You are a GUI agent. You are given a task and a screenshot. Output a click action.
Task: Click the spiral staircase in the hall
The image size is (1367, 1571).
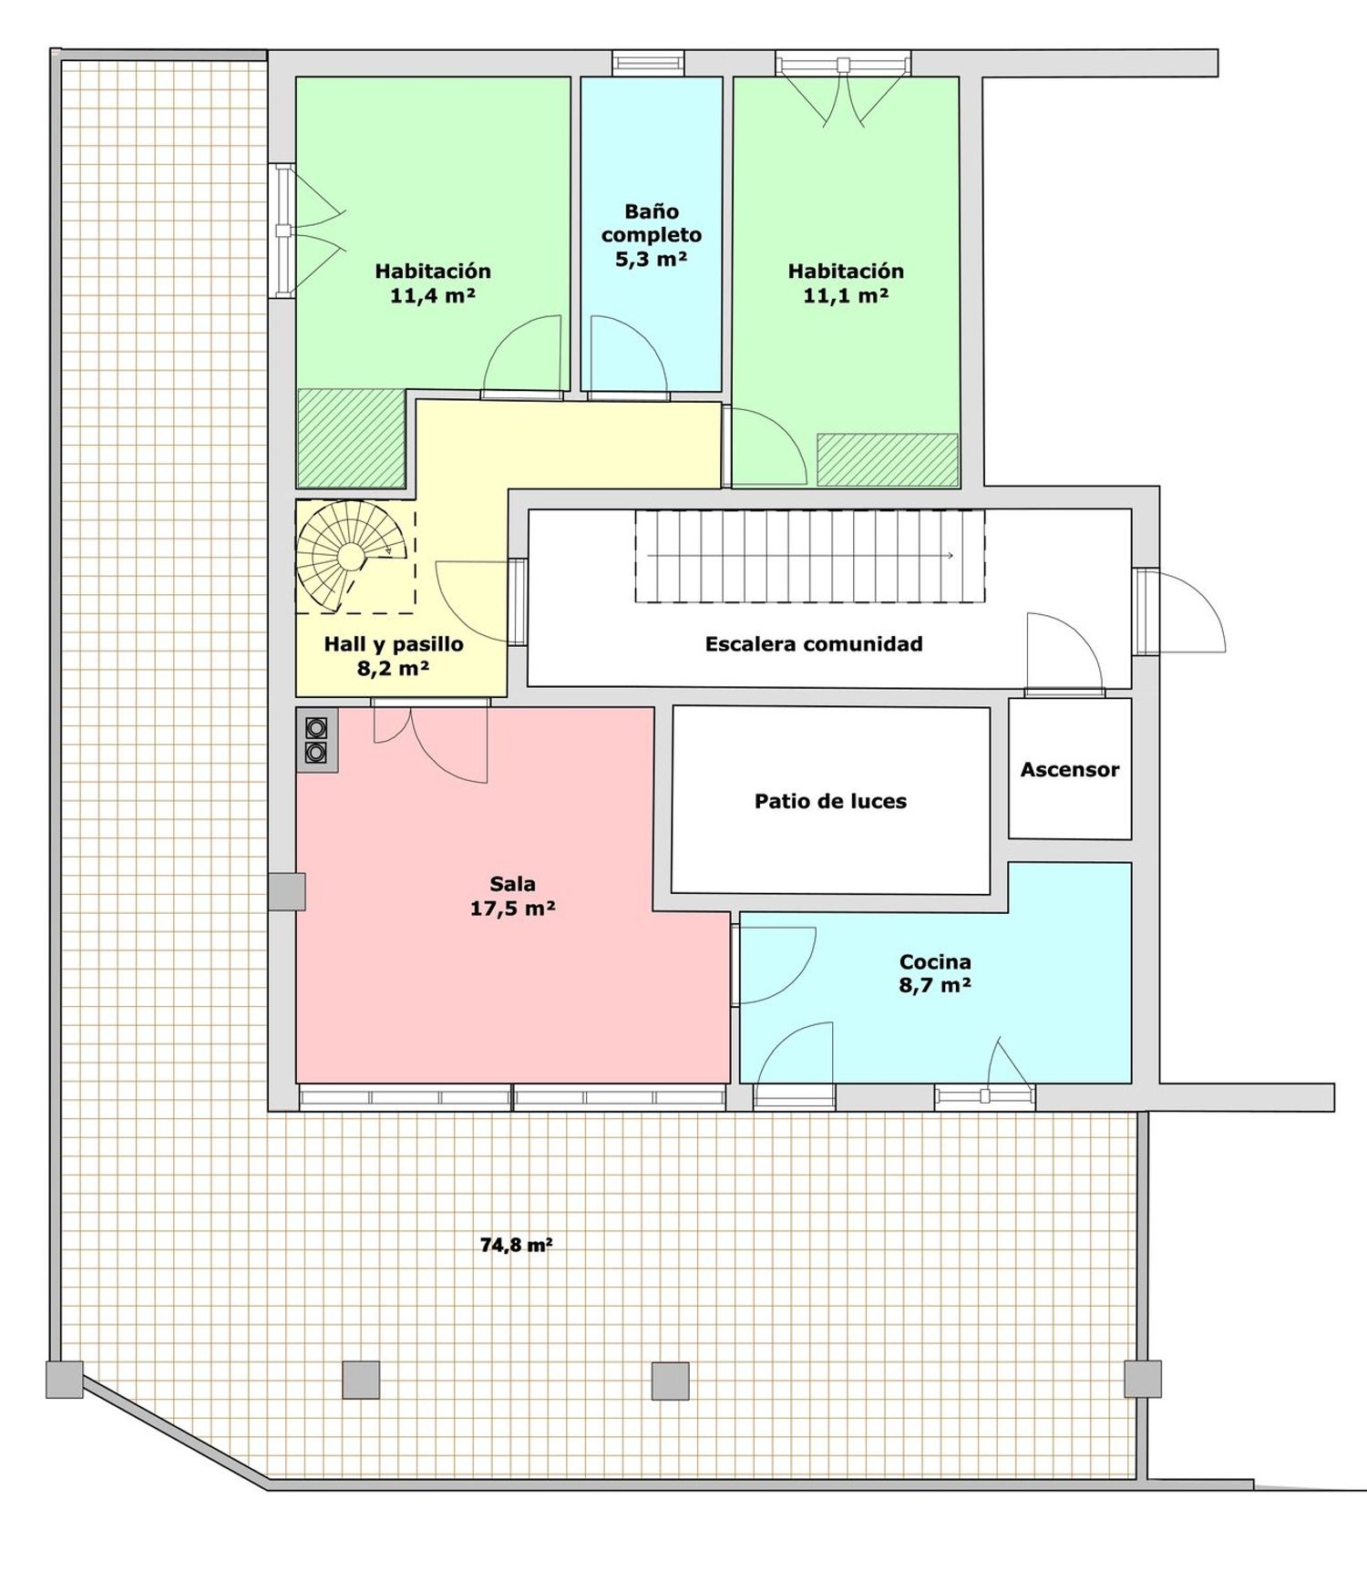pos(351,555)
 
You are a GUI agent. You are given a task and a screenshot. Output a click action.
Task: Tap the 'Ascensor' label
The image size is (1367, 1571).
pos(1069,770)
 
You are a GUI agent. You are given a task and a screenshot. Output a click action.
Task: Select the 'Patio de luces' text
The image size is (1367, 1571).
pos(830,802)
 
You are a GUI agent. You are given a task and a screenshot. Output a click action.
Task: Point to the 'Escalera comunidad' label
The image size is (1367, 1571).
pos(814,644)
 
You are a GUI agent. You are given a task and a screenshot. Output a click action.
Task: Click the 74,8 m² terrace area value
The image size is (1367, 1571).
pos(516,1245)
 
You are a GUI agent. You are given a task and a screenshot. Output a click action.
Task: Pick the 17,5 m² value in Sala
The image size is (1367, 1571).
pos(513,909)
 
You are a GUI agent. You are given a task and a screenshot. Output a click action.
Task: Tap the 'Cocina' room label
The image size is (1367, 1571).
pos(935,961)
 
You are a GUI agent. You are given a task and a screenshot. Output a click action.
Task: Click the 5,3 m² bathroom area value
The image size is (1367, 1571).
pos(651,259)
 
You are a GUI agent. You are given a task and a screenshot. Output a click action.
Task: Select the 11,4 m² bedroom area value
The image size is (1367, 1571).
pos(433,295)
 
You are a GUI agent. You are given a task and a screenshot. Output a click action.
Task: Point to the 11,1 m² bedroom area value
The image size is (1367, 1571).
pos(846,295)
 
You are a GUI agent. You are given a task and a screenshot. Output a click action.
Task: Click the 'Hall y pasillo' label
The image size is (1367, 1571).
pos(394,644)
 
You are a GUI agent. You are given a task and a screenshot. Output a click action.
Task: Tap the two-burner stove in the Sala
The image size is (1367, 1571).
pos(317,740)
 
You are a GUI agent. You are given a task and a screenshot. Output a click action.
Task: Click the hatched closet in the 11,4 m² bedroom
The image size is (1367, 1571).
pos(352,437)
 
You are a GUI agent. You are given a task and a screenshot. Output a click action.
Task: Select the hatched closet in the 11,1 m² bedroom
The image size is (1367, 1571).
pos(888,460)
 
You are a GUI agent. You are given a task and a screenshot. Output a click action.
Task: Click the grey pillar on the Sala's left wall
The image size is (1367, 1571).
pos(287,891)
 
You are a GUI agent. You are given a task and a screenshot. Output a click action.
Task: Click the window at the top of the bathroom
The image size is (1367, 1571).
pos(648,63)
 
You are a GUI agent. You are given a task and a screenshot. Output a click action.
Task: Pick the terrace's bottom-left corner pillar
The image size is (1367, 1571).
pos(65,1380)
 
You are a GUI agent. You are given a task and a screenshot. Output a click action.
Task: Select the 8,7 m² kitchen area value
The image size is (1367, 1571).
pos(935,985)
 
